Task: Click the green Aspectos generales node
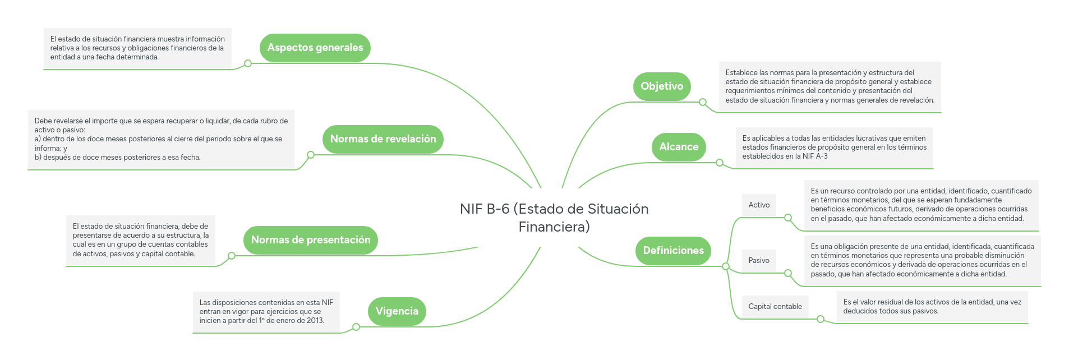pyautogui.click(x=315, y=48)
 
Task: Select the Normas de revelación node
pyautogui.click(x=383, y=139)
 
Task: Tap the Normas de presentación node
pyautogui.click(x=310, y=240)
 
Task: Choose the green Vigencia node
pyautogui.click(x=397, y=311)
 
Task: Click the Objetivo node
pyautogui.click(x=662, y=86)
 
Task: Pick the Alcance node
pyautogui.click(x=679, y=147)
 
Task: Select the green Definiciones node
pyautogui.click(x=673, y=251)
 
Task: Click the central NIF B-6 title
pyautogui.click(x=554, y=218)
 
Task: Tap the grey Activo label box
pyautogui.click(x=759, y=205)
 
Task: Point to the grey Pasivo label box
pyautogui.click(x=759, y=261)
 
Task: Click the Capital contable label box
pyautogui.click(x=775, y=307)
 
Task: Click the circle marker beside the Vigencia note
pyautogui.click(x=356, y=327)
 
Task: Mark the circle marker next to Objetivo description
pyautogui.click(x=703, y=102)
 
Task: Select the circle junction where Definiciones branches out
pyautogui.click(x=726, y=266)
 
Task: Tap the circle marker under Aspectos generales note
pyautogui.click(x=248, y=63)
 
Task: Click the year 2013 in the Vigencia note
pyautogui.click(x=315, y=321)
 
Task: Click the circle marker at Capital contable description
pyautogui.click(x=821, y=319)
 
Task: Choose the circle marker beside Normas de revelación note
pyautogui.click(x=311, y=155)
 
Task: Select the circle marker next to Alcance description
pyautogui.click(x=720, y=163)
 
